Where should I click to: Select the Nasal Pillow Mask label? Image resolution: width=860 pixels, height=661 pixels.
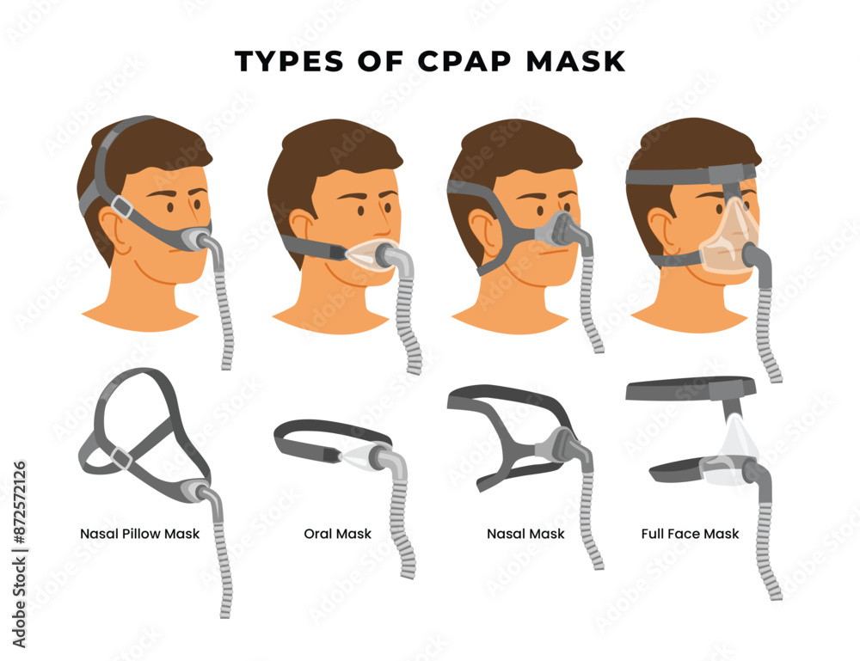[139, 534]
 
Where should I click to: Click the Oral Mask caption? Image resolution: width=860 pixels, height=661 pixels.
[338, 534]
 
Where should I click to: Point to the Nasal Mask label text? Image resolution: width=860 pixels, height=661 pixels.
[525, 534]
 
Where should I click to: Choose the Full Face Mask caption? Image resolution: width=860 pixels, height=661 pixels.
[690, 534]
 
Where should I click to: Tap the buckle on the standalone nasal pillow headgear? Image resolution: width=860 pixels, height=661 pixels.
[121, 460]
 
